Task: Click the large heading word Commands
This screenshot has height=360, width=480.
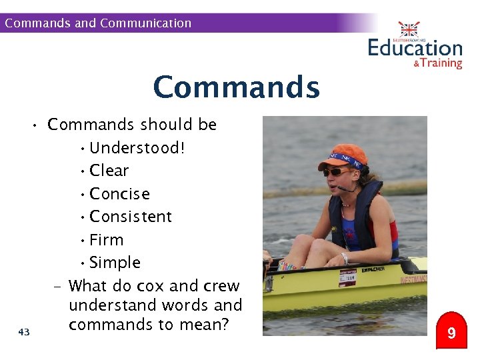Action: click(x=236, y=87)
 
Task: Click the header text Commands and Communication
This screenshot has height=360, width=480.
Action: click(x=98, y=23)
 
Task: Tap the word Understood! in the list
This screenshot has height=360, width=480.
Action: click(x=137, y=147)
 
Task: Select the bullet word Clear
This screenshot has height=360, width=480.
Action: click(x=109, y=171)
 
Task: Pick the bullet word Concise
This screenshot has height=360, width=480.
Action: click(x=119, y=194)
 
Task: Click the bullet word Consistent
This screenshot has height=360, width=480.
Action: click(x=131, y=217)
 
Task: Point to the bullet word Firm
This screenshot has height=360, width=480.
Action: click(x=107, y=240)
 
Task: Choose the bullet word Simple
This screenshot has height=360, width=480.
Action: click(x=115, y=263)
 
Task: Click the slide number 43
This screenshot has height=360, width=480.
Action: click(x=25, y=331)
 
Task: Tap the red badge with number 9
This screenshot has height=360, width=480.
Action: click(x=451, y=333)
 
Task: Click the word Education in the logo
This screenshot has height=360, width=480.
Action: click(x=415, y=49)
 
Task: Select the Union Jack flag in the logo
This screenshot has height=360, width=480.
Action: click(x=409, y=29)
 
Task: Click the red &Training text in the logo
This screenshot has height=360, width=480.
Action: click(x=437, y=63)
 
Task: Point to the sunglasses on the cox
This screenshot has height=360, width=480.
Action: click(x=337, y=172)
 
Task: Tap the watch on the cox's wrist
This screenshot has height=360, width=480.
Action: click(x=345, y=258)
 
